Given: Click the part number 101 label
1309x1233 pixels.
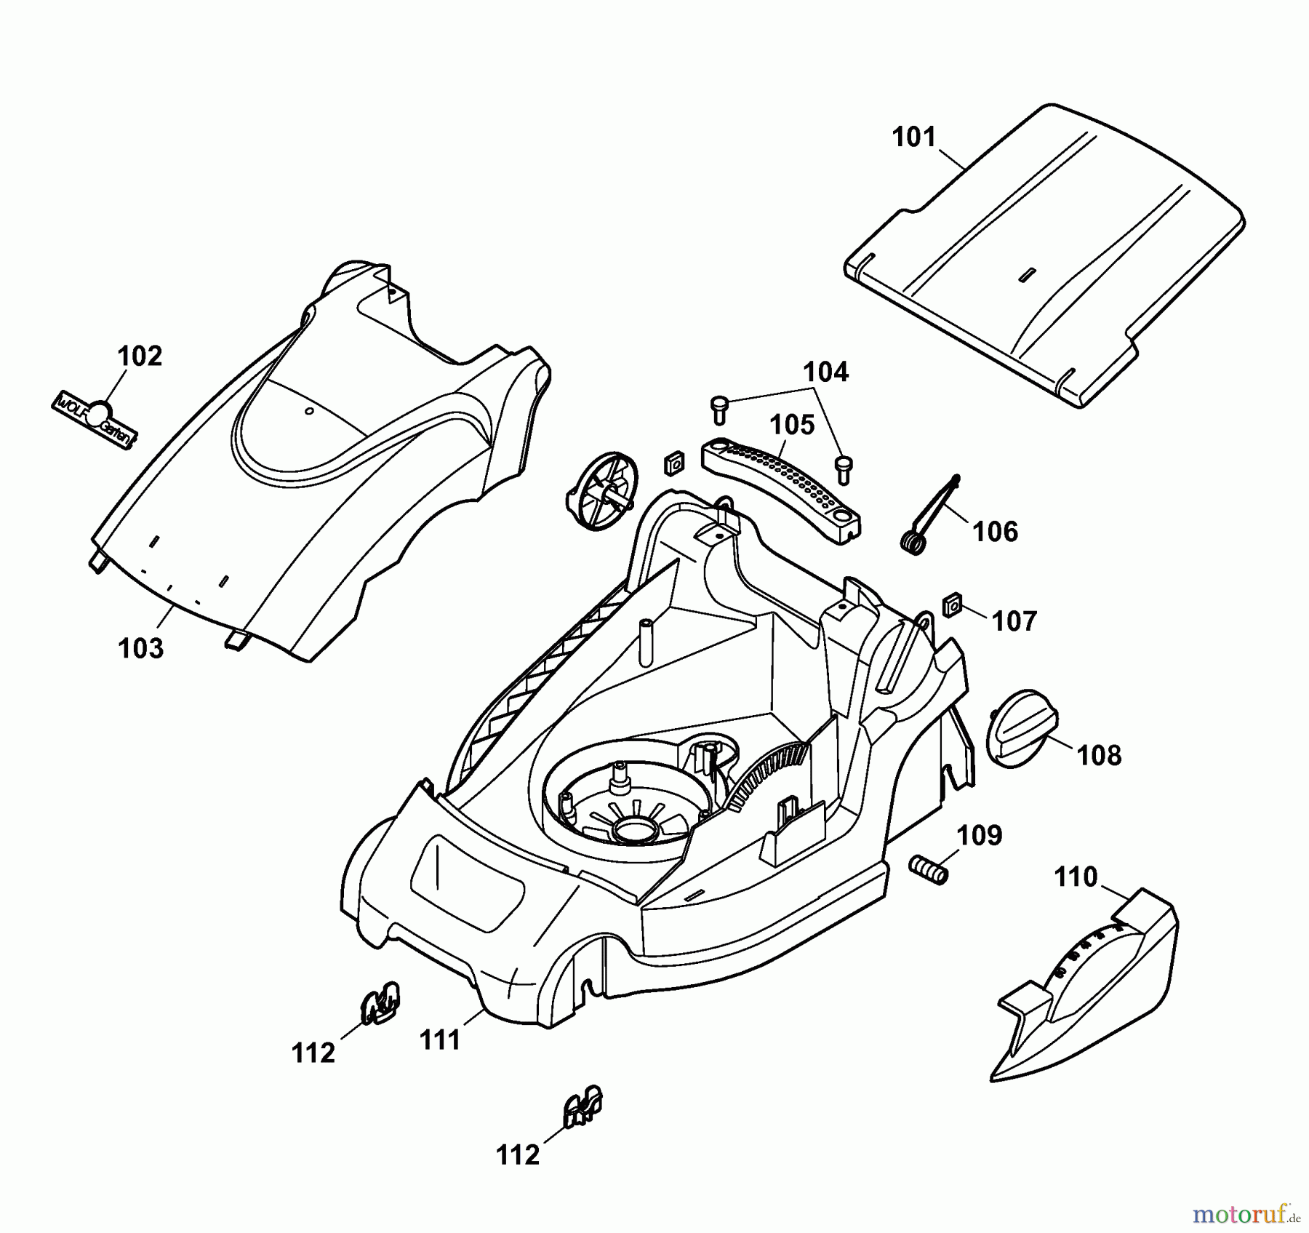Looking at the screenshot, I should [914, 137].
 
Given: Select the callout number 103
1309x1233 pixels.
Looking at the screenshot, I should [141, 647].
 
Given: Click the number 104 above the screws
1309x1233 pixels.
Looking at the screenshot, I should [825, 372].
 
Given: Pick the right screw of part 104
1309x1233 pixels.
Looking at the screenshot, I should [844, 468].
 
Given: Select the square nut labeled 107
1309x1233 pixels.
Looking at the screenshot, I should [953, 604].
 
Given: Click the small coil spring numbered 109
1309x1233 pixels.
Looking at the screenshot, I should [929, 869].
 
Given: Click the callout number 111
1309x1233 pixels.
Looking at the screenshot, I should [441, 1040].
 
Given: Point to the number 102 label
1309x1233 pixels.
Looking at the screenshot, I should [140, 356].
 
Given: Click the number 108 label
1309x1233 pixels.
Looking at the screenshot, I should [1099, 756].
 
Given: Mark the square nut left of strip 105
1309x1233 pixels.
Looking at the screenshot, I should [674, 462].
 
